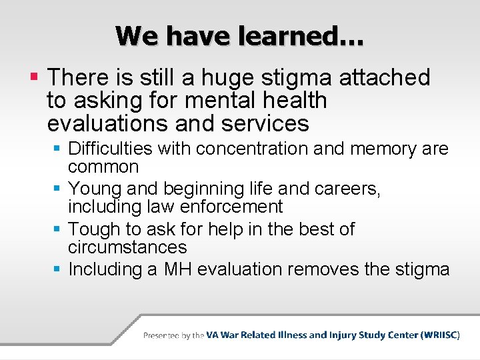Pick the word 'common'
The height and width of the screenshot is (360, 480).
103,167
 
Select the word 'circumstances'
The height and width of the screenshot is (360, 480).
127,247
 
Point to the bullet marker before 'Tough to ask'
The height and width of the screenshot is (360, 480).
59,229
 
